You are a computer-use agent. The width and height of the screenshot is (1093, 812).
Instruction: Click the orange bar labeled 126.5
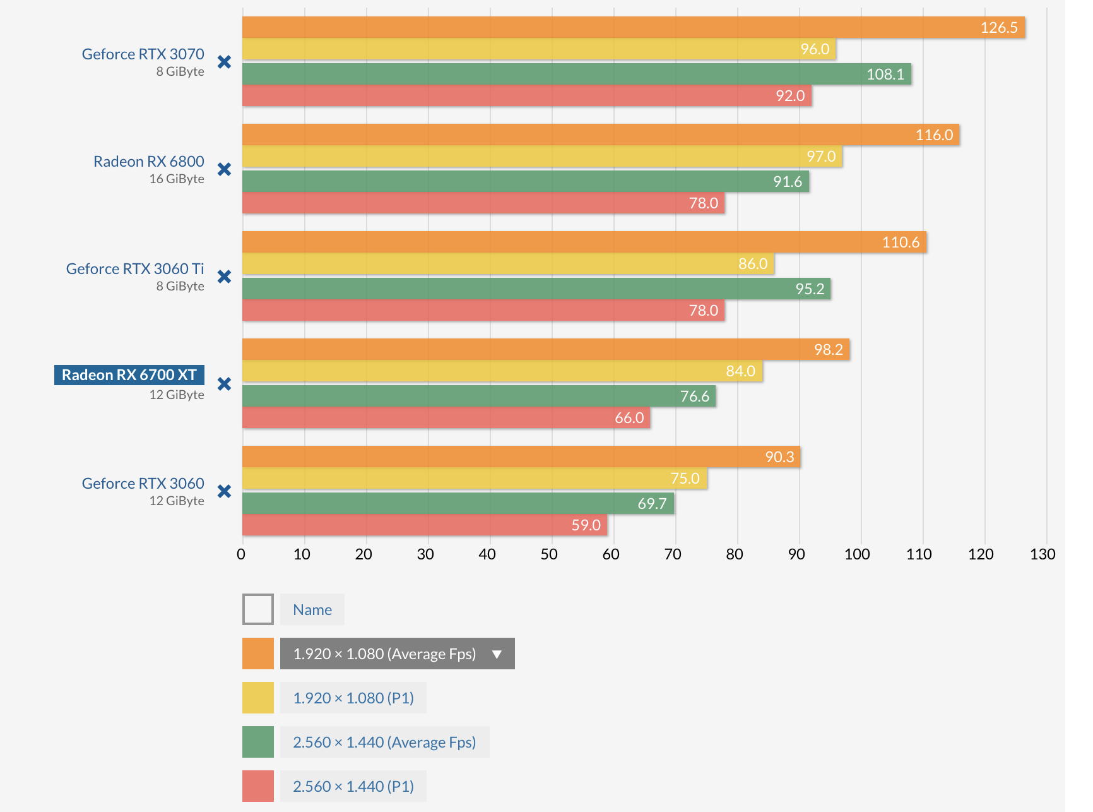pos(631,27)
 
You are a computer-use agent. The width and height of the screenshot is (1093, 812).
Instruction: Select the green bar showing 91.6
pos(524,181)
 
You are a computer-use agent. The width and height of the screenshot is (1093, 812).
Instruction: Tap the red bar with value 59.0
pos(423,525)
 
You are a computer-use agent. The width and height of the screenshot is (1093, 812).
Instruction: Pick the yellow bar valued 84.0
pos(502,371)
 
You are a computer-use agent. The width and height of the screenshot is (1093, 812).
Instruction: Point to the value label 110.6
pos(901,242)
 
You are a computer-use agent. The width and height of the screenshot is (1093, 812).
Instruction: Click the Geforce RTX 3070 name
pos(143,54)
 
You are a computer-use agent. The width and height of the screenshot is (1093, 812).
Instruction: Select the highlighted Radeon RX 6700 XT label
pos(129,375)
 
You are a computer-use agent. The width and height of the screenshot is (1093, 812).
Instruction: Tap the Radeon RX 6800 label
pos(149,162)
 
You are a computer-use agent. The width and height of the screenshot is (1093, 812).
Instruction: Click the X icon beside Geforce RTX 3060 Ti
pos(224,277)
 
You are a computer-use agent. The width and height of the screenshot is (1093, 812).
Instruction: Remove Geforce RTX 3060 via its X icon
pos(224,491)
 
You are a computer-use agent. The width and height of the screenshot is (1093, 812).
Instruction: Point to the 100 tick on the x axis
pos(857,554)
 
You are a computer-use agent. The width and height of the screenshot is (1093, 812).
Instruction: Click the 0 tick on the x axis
pos(241,554)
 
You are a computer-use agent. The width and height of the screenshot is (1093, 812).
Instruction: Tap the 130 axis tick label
pos(1043,554)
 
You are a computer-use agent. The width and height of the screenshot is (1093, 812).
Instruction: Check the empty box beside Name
pos(258,609)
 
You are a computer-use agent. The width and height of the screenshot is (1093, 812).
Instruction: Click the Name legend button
pos(312,609)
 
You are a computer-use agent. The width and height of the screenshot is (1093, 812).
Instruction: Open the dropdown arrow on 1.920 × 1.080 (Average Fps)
pos(497,654)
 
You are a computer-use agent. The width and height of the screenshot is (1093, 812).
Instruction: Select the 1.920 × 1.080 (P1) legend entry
pos(353,698)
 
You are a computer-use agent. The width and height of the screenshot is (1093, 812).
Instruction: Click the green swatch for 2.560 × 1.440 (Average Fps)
pos(258,742)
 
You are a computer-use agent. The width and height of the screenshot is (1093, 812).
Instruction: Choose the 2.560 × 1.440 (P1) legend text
pos(353,786)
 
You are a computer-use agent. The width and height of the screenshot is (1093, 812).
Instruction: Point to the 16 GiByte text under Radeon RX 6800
pos(177,179)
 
